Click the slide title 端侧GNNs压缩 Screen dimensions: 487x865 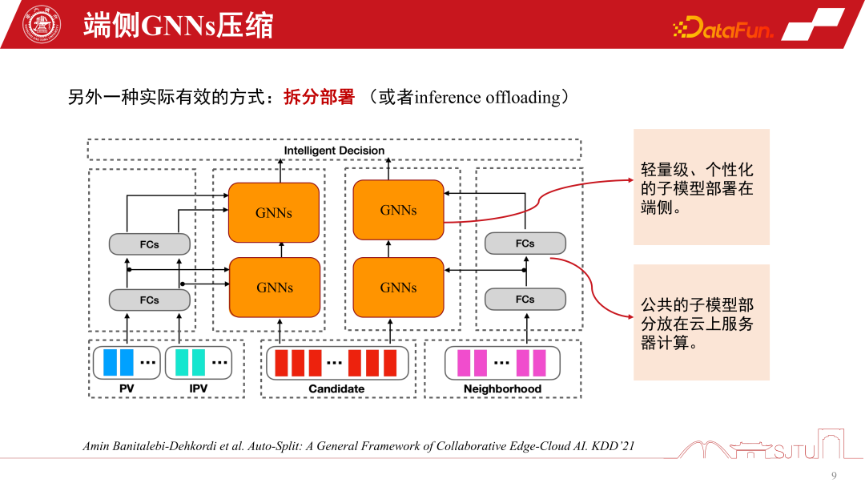(178, 26)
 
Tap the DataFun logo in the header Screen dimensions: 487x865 (723, 30)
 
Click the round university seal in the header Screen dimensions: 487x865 (34, 25)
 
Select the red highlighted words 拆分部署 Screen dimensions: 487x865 (319, 98)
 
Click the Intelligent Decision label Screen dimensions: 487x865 (334, 151)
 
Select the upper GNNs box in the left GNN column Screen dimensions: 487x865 (274, 212)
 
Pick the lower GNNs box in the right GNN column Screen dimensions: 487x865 (398, 287)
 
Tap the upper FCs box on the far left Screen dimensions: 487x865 (149, 244)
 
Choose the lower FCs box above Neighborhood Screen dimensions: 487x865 (525, 300)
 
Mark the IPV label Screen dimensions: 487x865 (198, 389)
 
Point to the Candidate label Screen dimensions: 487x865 (336, 389)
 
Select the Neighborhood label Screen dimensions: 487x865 (502, 389)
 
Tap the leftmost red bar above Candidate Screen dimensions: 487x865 (281, 362)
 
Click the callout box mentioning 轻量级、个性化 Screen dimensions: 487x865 (701, 187)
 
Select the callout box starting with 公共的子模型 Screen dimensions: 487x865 (701, 323)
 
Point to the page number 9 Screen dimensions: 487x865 (834, 476)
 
